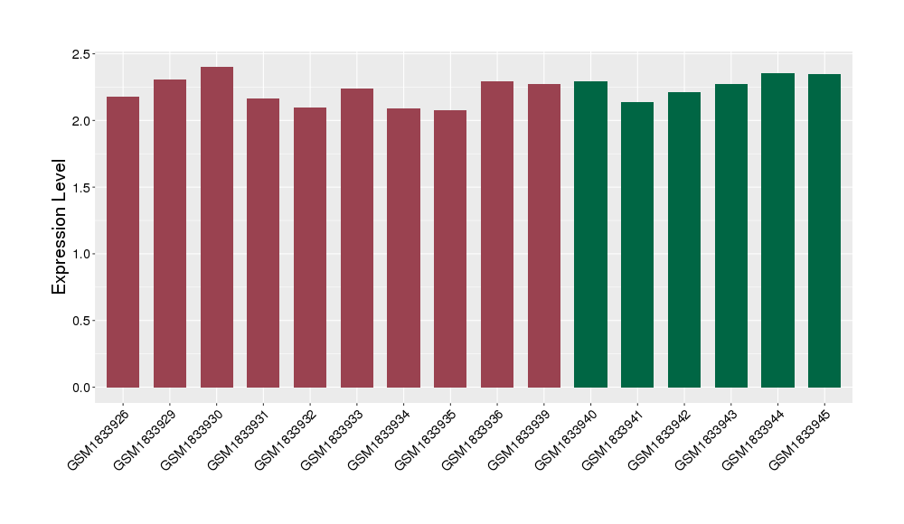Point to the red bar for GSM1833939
click(x=544, y=236)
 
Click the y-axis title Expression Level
click(x=60, y=227)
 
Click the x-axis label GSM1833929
click(x=147, y=438)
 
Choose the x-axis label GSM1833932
click(x=287, y=438)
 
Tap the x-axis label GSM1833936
click(x=475, y=438)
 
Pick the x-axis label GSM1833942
click(x=662, y=438)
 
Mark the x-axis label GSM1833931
click(x=240, y=438)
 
